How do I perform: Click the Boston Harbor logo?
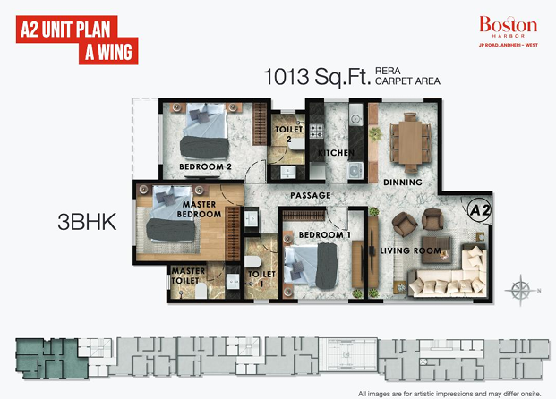click(x=509, y=31)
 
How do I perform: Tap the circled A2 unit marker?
click(x=479, y=210)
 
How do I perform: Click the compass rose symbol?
click(x=520, y=290)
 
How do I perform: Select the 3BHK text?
click(x=87, y=222)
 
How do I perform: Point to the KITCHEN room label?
click(x=336, y=153)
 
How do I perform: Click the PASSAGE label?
click(x=311, y=195)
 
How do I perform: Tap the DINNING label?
click(x=403, y=183)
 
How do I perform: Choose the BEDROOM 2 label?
click(x=205, y=166)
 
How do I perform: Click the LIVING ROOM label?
click(x=410, y=250)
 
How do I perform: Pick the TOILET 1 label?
click(x=261, y=278)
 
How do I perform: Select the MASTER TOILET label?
click(x=188, y=276)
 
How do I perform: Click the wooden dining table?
click(x=410, y=142)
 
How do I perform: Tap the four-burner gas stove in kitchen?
click(x=317, y=132)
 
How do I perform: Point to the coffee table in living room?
click(x=436, y=250)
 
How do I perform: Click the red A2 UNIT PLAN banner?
click(x=77, y=39)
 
